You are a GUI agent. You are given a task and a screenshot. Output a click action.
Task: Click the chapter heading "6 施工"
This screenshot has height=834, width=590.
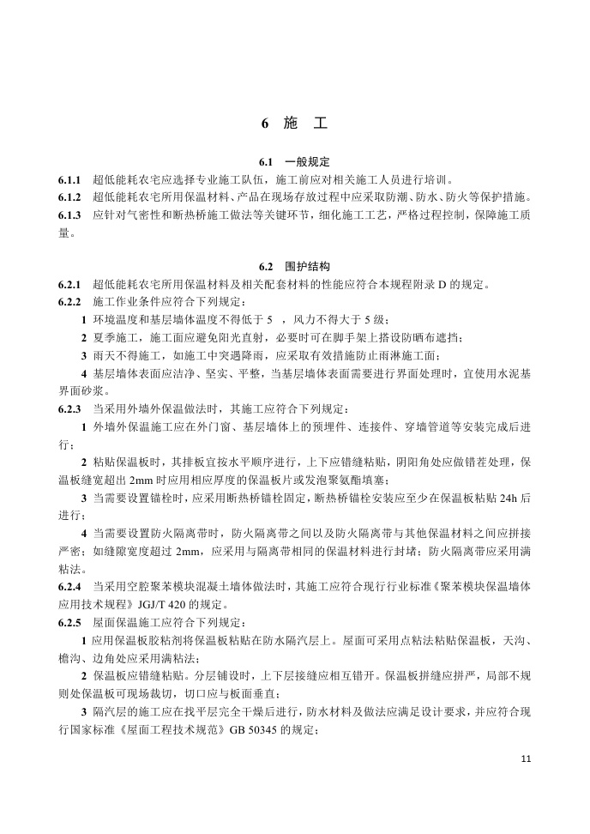coord(294,124)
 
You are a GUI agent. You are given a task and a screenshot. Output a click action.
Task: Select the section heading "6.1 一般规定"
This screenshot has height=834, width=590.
coord(294,162)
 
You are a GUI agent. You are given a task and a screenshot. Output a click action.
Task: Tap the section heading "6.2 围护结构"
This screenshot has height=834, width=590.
coord(294,267)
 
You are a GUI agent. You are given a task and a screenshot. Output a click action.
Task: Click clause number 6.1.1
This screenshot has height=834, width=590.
coord(69,181)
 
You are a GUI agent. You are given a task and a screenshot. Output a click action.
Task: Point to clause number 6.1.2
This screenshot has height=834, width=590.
coord(69,198)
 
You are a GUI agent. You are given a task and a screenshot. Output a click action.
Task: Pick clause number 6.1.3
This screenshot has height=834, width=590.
coord(69,215)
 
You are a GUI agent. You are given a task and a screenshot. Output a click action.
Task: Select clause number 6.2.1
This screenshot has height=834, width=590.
coord(69,285)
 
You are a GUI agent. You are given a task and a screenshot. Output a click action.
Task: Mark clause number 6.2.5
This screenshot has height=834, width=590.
coord(69,621)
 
